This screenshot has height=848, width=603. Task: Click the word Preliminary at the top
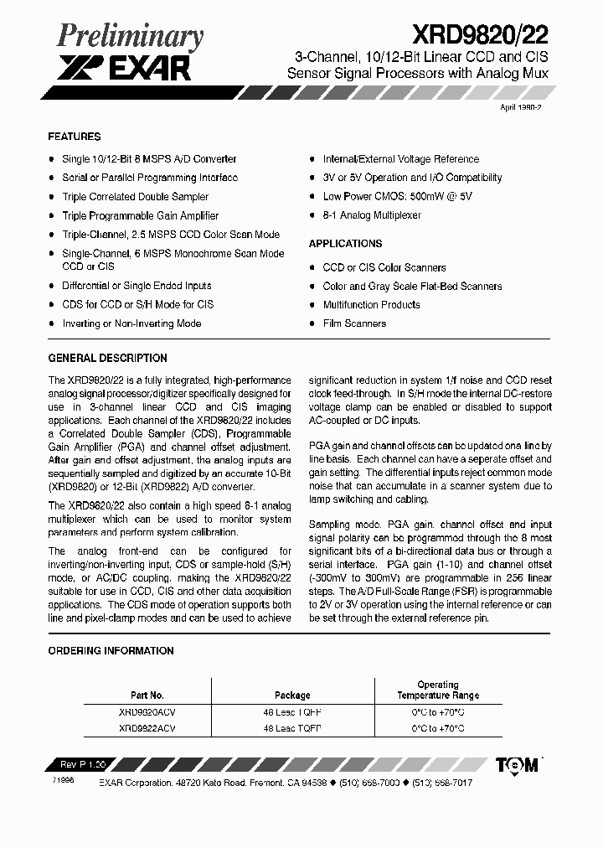click(130, 37)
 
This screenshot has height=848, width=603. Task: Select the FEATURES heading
click(75, 137)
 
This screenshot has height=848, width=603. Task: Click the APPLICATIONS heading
click(345, 244)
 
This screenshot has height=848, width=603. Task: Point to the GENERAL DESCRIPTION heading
click(107, 358)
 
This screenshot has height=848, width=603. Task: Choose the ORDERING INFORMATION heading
click(111, 651)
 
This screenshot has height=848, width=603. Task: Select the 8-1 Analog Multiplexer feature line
click(372, 215)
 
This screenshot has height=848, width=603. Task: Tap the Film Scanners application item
click(354, 323)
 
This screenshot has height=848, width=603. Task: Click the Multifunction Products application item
click(371, 305)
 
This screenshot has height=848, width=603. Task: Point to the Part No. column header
click(147, 695)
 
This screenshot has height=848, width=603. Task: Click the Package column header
click(292, 695)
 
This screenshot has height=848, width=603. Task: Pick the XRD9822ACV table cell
click(147, 729)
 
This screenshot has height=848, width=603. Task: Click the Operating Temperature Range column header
click(437, 690)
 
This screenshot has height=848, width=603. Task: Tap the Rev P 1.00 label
click(83, 765)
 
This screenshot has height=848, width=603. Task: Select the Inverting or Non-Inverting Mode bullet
click(131, 323)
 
